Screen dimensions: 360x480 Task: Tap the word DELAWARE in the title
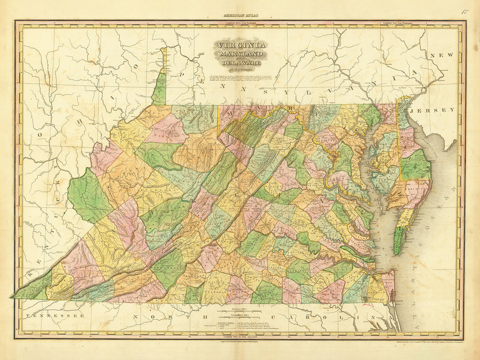(x=239, y=62)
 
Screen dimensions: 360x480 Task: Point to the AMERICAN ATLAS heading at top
(x=239, y=18)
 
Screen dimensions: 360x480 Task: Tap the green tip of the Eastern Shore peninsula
(x=398, y=241)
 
